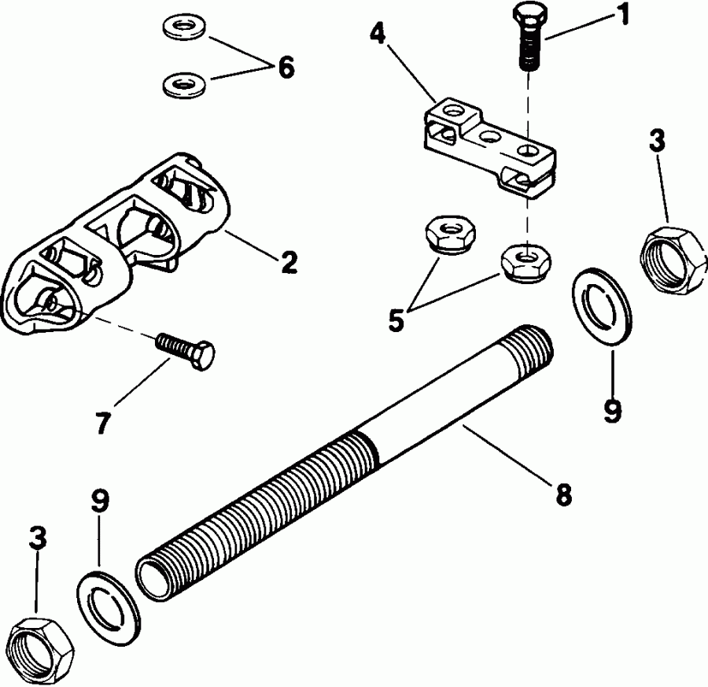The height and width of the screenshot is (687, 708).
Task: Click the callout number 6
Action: [x=285, y=68]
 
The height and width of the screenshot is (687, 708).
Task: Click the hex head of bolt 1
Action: [x=527, y=15]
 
